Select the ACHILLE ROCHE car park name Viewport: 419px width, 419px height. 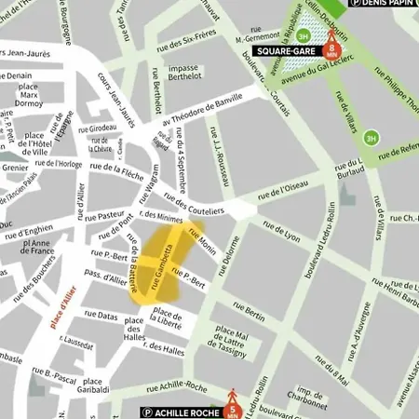(x=184, y=412)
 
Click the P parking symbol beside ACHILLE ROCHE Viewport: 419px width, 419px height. (x=146, y=412)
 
